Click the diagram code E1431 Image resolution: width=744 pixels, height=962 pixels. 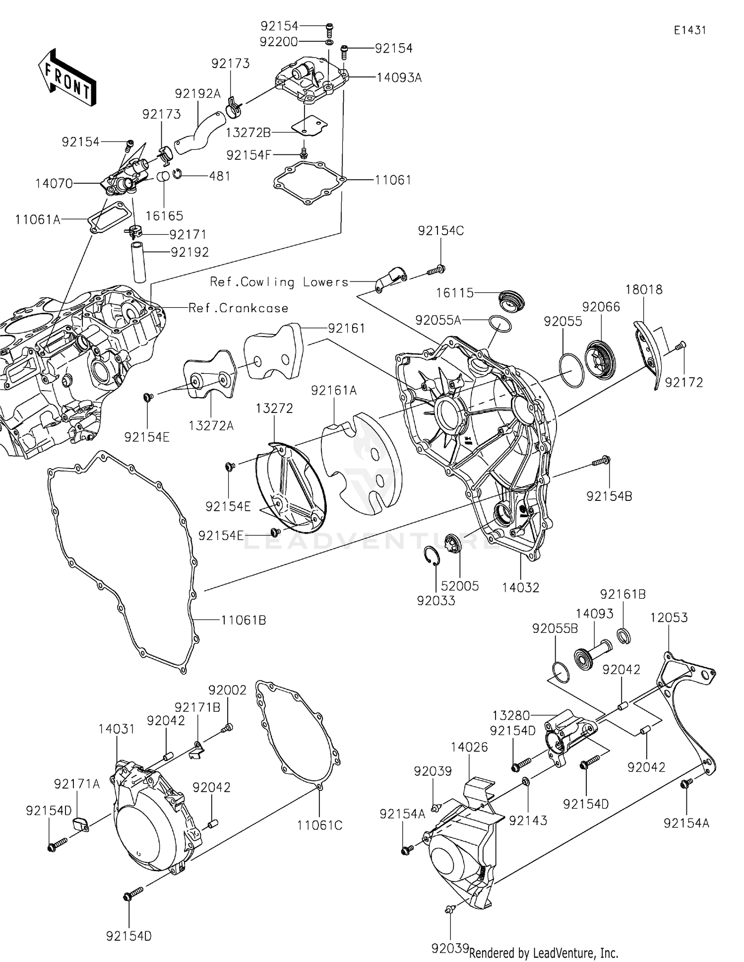689,30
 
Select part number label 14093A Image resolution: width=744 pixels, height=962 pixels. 399,77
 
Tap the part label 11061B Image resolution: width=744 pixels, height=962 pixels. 243,620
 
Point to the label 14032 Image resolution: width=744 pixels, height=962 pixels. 520,588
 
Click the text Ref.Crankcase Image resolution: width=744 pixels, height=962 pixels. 238,308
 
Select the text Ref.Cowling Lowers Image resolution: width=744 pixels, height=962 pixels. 279,282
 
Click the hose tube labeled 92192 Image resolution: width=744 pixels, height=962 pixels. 139,261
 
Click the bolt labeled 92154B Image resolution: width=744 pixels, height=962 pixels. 602,461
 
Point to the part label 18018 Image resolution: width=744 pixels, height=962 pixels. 643,289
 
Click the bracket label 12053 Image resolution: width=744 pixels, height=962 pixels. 669,618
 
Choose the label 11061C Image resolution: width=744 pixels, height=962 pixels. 319,825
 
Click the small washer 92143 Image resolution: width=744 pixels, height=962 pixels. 526,783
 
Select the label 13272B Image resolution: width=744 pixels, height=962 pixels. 248,133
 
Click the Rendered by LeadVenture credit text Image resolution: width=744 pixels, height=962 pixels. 544,953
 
